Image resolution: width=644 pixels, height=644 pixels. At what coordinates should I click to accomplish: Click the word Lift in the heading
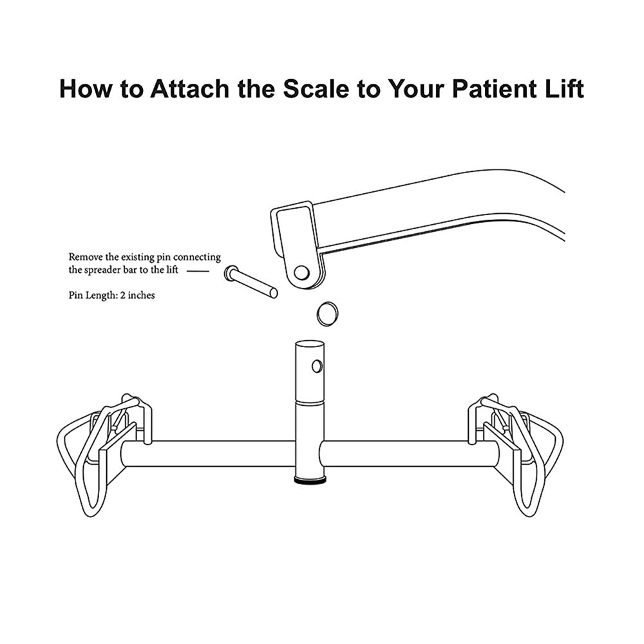563,89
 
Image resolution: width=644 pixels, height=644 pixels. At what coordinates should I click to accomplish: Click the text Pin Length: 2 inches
111,296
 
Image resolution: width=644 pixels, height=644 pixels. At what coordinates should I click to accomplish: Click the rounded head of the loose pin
231,274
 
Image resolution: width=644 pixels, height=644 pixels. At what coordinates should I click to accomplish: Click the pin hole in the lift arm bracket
301,272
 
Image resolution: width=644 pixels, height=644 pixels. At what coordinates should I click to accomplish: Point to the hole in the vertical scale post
316,366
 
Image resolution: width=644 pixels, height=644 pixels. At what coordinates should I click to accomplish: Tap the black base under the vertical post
310,480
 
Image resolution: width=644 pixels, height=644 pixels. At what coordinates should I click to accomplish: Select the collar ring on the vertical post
310,402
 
